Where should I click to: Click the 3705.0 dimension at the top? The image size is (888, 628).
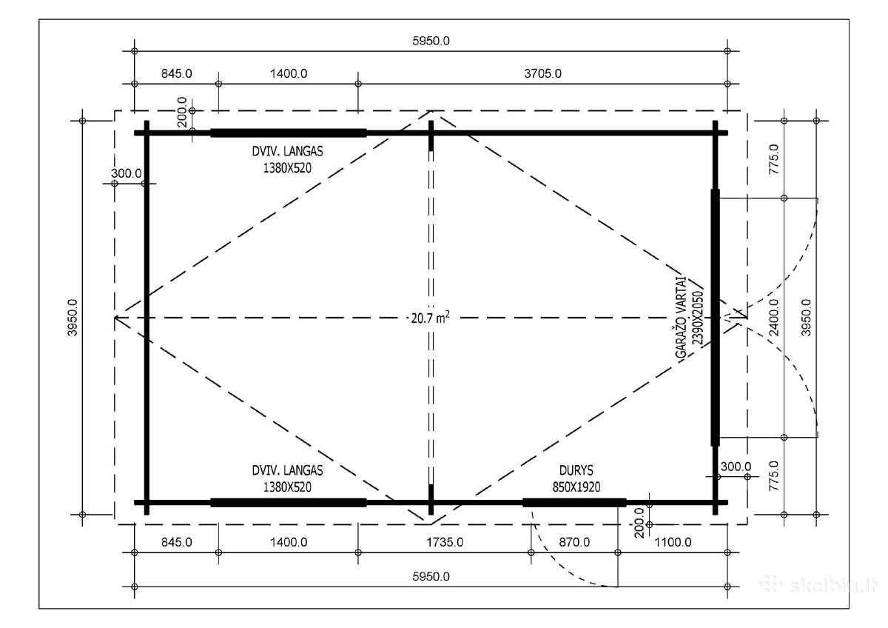click(542, 73)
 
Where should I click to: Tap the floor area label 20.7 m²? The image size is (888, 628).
click(430, 318)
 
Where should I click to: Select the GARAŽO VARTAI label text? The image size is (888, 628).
click(681, 318)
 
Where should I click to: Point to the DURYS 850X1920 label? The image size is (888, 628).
click(576, 478)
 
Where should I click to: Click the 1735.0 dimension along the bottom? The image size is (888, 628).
click(445, 542)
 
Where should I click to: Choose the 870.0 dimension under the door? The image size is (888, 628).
click(574, 542)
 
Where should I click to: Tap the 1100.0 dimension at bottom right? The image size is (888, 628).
click(673, 542)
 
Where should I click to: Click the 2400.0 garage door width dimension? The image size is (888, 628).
click(773, 318)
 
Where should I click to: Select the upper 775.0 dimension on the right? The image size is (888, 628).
click(773, 159)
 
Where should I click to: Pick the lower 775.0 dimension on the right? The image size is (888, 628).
click(773, 475)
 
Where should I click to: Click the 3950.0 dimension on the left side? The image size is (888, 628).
click(73, 318)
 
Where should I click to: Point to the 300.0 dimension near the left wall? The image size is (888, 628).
click(126, 173)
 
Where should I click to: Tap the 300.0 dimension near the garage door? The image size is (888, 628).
click(736, 467)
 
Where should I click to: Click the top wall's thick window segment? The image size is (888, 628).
click(288, 133)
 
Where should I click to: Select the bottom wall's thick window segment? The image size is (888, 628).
click(288, 503)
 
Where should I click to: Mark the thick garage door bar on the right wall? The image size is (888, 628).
click(715, 318)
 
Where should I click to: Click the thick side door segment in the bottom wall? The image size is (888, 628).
click(574, 503)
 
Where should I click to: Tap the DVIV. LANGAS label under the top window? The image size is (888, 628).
click(287, 151)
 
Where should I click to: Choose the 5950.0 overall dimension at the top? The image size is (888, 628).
click(431, 41)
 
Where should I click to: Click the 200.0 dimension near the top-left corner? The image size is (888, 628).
click(182, 112)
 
